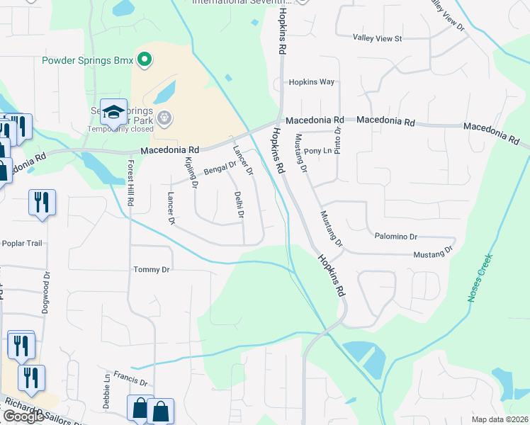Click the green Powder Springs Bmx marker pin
[x=145, y=59]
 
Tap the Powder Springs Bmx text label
[x=89, y=60]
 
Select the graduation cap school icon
[x=113, y=112]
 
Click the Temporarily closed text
[x=120, y=129]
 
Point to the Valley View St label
[x=378, y=38]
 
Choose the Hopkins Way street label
[x=311, y=82]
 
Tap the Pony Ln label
[x=317, y=152]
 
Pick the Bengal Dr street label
[x=220, y=168]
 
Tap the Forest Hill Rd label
[x=130, y=183]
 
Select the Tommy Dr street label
[x=152, y=270]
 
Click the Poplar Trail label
[x=23, y=243]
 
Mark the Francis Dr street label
[x=133, y=381]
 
